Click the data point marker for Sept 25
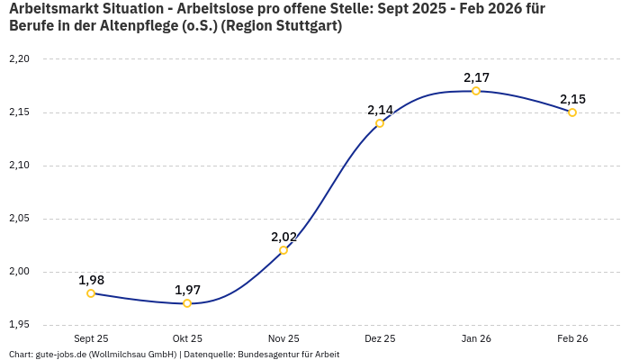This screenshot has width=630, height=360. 91,293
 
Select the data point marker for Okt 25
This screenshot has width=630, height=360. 187,303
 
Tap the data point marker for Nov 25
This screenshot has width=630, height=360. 283,250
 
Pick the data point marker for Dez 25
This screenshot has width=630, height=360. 380,123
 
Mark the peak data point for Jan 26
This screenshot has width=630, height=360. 476,91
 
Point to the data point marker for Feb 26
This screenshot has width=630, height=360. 572,112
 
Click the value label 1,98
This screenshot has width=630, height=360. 91,280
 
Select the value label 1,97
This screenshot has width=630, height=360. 187,290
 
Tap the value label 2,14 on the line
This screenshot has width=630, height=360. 380,110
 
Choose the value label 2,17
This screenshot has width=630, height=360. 476,77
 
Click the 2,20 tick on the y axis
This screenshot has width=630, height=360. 19,59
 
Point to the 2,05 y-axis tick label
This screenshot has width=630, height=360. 19,219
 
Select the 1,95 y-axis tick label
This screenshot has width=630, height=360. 19,325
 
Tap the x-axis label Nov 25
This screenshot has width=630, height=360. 283,339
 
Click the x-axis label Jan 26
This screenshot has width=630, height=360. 476,339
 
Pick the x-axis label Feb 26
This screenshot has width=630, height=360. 572,339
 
